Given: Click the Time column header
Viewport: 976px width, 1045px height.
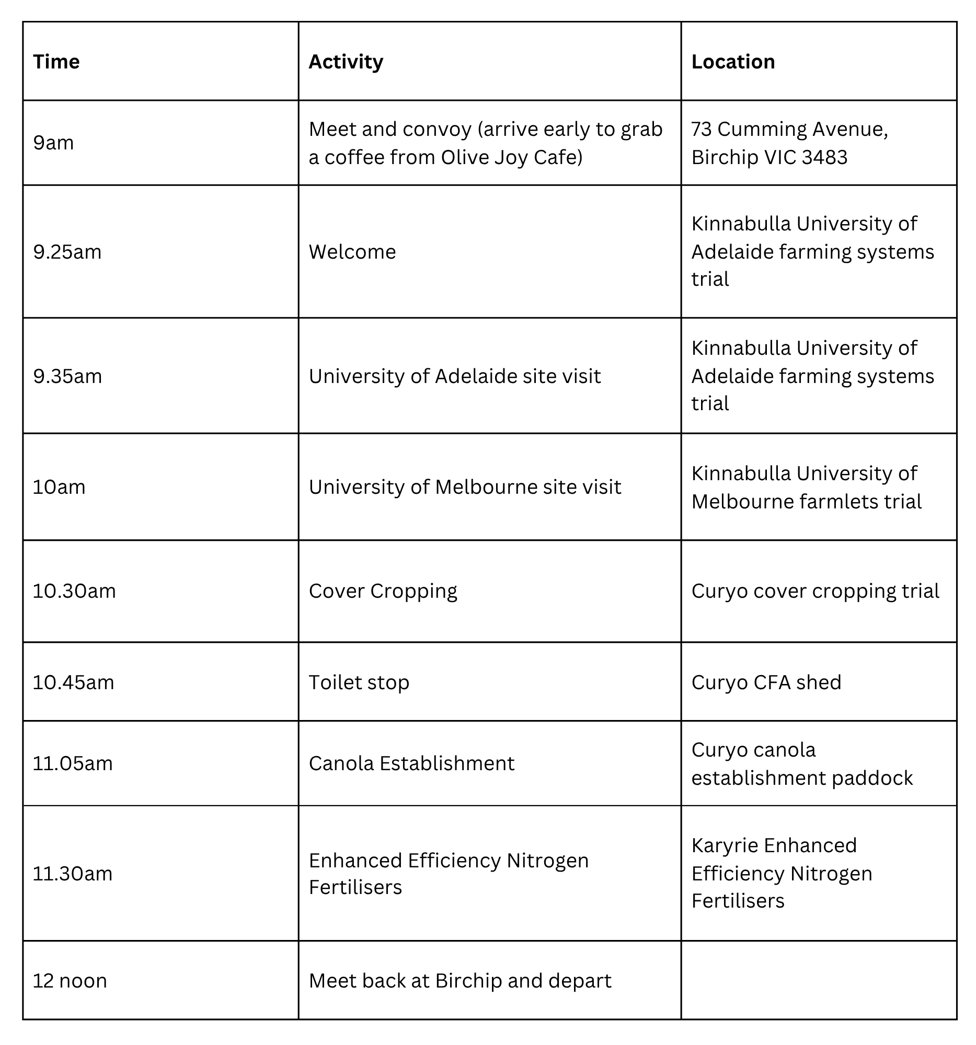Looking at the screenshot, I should tap(56, 62).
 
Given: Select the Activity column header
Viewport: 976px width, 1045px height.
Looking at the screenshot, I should tap(346, 62).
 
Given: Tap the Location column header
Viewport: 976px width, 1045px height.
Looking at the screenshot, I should tap(732, 62).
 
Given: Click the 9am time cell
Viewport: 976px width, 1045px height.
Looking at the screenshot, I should tap(53, 143).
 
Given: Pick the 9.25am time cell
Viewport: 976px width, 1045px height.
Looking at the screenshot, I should tap(67, 252).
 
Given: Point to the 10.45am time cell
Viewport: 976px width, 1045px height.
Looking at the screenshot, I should tap(73, 682).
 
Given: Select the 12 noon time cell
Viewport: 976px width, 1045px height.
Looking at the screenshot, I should tap(70, 980).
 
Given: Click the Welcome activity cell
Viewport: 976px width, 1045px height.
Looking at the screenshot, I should tap(352, 252).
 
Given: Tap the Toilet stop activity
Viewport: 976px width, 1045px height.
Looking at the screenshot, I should tap(359, 682).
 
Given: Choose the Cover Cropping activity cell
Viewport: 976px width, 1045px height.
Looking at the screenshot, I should tap(382, 591).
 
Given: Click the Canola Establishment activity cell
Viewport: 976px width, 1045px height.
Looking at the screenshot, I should tap(411, 763).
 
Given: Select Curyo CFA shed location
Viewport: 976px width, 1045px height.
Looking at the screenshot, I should tap(766, 682).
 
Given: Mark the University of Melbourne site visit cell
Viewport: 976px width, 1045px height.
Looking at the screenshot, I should tap(464, 487).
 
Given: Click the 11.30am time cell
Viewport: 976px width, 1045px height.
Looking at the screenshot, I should tap(73, 874).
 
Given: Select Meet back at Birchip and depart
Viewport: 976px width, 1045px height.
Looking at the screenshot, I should tap(460, 980).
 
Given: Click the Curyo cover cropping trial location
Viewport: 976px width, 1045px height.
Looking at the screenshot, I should tap(814, 591).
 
